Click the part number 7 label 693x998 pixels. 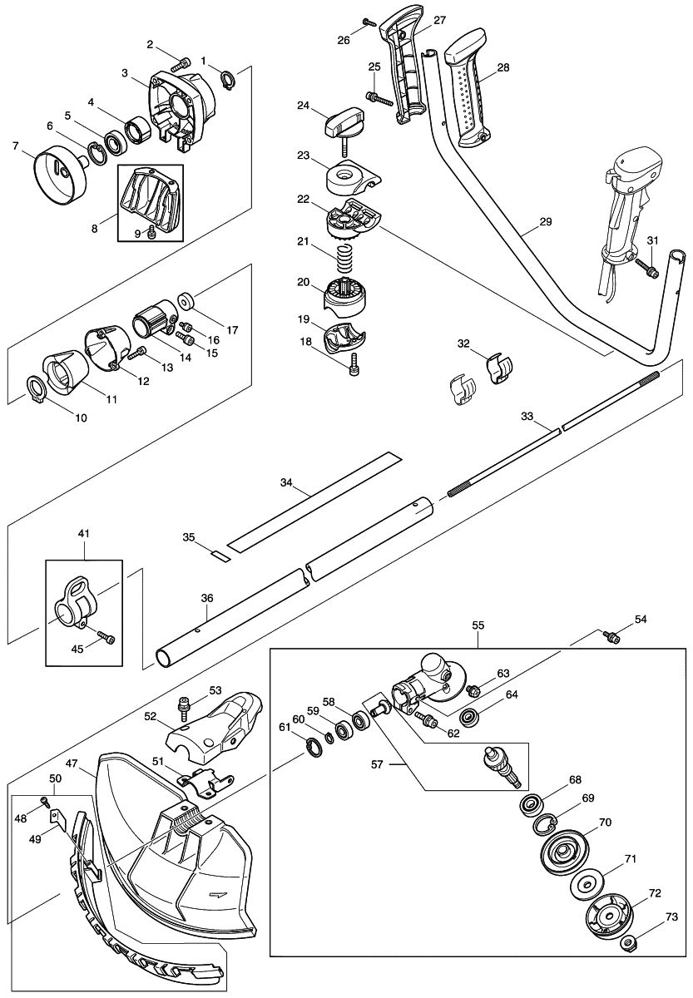pyautogui.click(x=16, y=146)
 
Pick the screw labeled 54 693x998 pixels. pyautogui.click(x=613, y=636)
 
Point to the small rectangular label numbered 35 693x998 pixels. pyautogui.click(x=219, y=555)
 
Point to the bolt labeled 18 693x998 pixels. pyautogui.click(x=356, y=363)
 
